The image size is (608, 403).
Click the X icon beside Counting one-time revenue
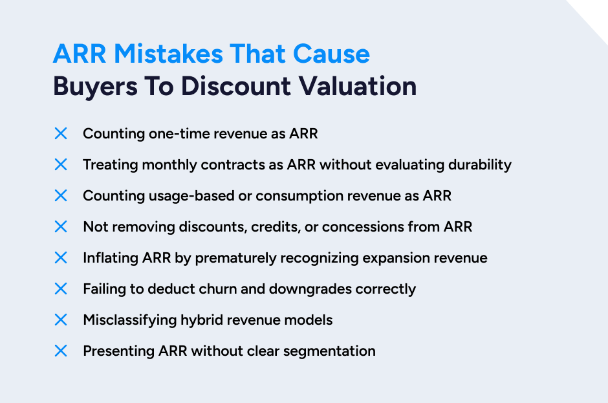click(61, 133)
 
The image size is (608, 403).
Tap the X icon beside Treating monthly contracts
click(61, 164)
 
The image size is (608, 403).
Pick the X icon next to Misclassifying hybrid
click(61, 320)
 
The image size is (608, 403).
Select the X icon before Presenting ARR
click(61, 351)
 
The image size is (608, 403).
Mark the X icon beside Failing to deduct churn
click(61, 289)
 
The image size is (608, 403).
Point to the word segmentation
click(331, 351)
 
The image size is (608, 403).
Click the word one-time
click(166, 133)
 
